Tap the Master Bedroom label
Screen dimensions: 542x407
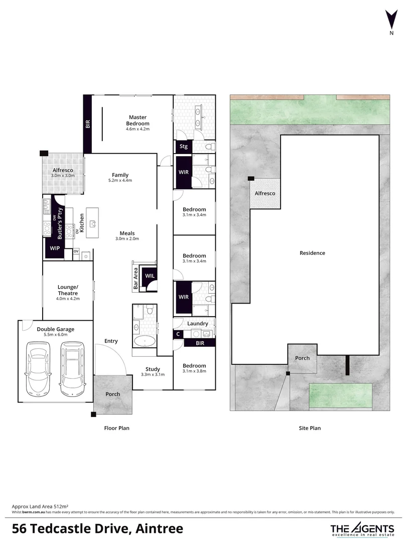[138, 120]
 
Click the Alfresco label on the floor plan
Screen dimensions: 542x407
[63, 171]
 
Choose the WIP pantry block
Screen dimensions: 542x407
[54, 248]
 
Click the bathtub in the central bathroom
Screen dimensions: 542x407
[145, 341]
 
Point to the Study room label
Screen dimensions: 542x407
[153, 369]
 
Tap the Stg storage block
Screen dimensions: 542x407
[184, 147]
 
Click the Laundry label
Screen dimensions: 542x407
[198, 324]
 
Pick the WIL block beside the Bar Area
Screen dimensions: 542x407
[150, 276]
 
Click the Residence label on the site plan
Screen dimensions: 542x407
[312, 253]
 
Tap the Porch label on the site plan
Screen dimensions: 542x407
[302, 358]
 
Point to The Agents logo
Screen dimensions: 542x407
[362, 529]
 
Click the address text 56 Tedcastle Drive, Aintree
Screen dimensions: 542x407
[97, 528]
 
